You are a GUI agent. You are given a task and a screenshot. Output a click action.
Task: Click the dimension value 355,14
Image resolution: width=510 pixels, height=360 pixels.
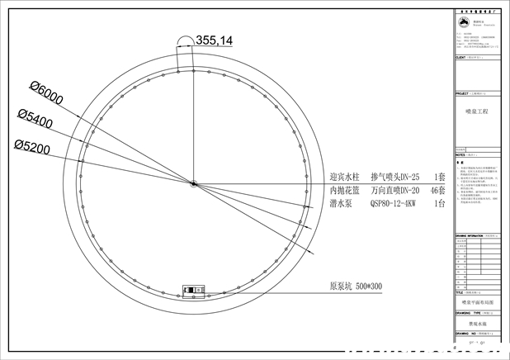pyautogui.click(x=214, y=40)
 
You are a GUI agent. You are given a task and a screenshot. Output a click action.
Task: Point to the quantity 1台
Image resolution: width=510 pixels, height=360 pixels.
pyautogui.click(x=439, y=203)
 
